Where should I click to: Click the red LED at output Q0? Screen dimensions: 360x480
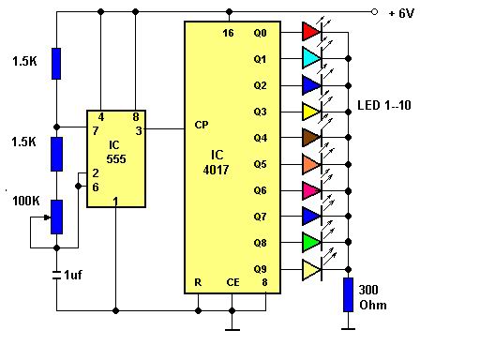pos(310,32)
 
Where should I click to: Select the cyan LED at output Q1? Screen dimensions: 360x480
pos(310,58)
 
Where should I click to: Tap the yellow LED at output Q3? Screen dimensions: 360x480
pos(310,112)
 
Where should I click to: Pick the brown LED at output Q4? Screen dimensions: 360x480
pos(310,138)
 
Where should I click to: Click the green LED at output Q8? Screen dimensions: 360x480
pos(310,243)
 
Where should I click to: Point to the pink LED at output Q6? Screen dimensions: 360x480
pos(310,190)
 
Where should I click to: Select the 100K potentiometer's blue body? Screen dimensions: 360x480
pos(55,217)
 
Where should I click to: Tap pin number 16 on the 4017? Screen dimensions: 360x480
pos(228,32)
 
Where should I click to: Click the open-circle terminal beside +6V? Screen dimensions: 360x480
pos(375,12)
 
